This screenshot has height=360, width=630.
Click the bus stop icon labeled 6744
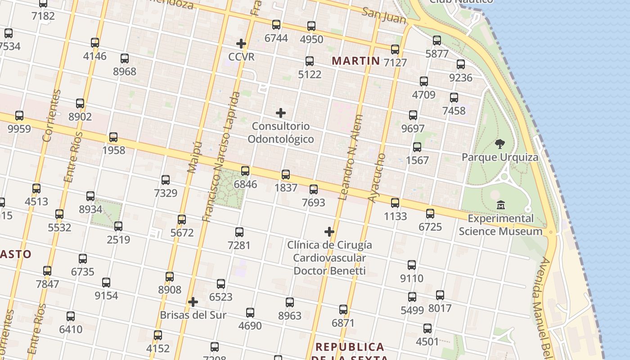coord(276,25)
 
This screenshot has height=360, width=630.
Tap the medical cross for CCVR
coord(241,44)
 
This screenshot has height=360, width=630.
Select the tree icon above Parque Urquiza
coord(499,144)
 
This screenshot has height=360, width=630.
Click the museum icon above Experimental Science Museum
coord(500,206)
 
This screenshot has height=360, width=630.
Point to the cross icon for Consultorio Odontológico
coord(281,112)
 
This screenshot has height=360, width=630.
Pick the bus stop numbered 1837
coord(286,175)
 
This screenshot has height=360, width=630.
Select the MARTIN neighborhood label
coord(356,61)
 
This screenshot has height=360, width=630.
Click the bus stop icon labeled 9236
coord(461,64)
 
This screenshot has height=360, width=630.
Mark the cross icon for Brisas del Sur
coord(193,301)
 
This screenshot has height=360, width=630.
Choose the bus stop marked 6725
coord(430,214)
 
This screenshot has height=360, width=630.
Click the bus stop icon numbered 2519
coord(118,226)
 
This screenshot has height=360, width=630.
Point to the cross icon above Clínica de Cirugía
coord(329,232)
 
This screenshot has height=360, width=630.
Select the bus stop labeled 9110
coord(412,265)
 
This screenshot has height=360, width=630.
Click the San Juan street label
coord(384,16)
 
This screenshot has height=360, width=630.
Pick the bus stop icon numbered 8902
coord(80,103)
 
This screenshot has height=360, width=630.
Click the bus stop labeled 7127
coord(395,49)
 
